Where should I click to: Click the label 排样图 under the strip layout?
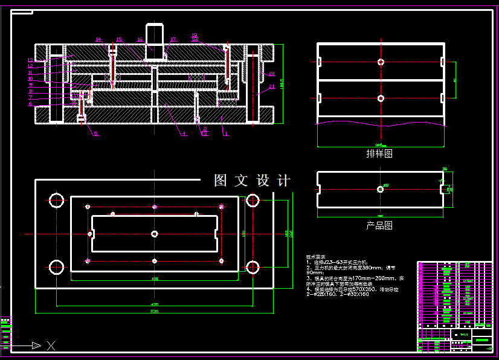379,153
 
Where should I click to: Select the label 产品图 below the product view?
379,225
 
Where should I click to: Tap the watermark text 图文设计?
253,181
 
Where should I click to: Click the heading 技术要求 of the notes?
315,257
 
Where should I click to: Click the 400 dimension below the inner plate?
155,279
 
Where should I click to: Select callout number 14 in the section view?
98,40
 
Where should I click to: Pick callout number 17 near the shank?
173,40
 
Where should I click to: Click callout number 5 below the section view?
95,134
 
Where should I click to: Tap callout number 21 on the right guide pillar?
272,86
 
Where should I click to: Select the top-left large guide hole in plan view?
57,200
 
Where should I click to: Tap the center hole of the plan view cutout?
155,233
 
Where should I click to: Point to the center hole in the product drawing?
380,189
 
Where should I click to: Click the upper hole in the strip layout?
380,62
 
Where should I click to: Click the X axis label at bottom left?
51,346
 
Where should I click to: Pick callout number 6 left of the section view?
30,103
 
